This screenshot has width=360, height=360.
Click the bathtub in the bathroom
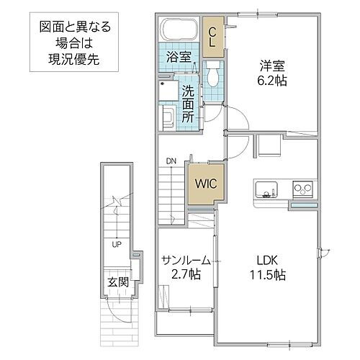coord(178,30)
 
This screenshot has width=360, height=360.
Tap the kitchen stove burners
coord(302,190)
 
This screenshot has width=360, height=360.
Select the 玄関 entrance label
coord(118,282)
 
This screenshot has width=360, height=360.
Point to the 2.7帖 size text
coord(186,276)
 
